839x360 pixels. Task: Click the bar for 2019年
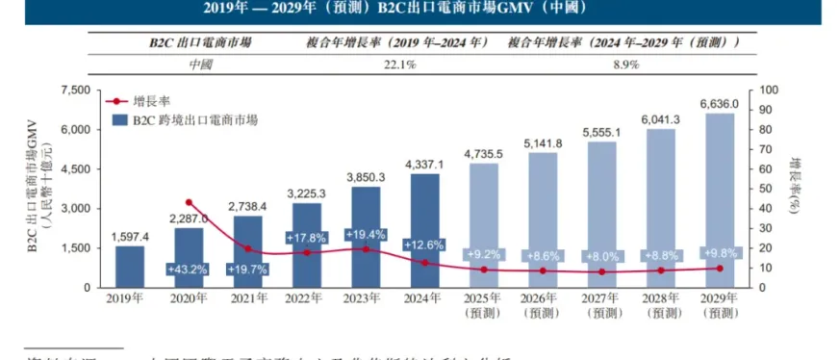point(129,267)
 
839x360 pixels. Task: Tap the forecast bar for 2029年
point(721,200)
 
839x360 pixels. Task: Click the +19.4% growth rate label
point(366,235)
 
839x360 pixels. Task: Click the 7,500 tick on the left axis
point(74,90)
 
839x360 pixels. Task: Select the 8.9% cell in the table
point(623,64)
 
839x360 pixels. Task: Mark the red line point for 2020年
point(189,202)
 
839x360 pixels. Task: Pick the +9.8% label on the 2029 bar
point(721,254)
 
